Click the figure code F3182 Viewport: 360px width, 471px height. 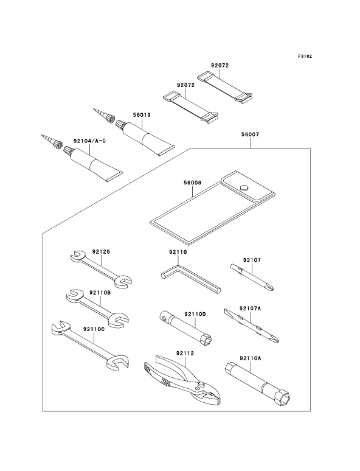(305, 56)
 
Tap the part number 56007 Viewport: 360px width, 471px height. (250, 135)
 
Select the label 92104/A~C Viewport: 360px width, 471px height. (89, 141)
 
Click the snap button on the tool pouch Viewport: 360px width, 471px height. (244, 188)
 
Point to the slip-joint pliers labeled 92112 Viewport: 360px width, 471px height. (182, 381)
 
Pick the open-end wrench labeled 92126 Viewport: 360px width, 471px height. (101, 268)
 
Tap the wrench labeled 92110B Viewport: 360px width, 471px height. (97, 308)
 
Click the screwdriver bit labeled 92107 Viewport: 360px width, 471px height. (252, 277)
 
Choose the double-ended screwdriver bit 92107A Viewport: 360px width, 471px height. (251, 326)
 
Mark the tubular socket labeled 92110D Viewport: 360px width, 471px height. (186, 329)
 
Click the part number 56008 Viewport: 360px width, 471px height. (192, 183)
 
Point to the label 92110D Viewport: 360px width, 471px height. (195, 314)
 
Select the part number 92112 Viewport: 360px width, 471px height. (185, 353)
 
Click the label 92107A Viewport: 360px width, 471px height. (250, 308)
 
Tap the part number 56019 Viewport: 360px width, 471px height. (142, 115)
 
